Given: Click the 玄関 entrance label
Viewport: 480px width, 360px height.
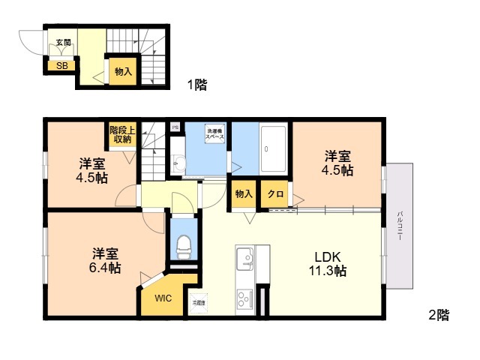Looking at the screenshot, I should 63,43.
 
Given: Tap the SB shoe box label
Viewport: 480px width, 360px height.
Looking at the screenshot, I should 61,65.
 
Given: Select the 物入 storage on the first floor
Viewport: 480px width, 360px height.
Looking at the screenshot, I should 123,72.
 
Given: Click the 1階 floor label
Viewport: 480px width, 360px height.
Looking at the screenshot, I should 196,85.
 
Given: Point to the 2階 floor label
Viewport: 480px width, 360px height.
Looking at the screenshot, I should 439,316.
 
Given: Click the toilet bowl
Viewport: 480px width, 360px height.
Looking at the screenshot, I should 182,244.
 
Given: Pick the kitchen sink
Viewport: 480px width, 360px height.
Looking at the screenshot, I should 244,260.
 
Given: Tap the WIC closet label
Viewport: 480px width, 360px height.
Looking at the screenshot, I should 163,298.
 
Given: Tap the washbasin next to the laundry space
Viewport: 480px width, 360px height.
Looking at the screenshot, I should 177,163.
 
